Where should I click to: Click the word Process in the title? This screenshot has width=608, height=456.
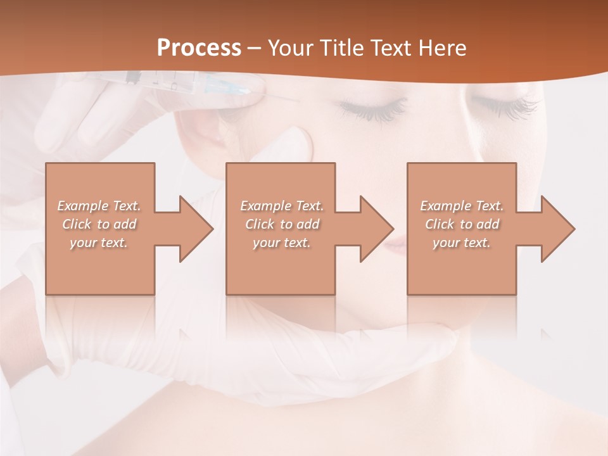(199, 48)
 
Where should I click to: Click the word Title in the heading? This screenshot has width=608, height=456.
(338, 48)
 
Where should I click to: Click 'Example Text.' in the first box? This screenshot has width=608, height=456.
(99, 206)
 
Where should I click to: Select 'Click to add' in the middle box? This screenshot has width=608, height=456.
(282, 224)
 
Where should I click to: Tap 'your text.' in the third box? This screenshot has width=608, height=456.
(462, 243)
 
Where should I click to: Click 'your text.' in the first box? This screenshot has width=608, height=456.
(99, 243)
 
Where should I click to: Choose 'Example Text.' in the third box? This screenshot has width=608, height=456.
(462, 206)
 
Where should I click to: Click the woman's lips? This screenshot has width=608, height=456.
(396, 244)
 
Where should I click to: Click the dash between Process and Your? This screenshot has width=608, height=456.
(255, 48)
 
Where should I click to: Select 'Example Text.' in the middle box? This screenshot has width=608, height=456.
(282, 206)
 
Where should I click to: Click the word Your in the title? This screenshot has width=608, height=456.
(289, 48)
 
